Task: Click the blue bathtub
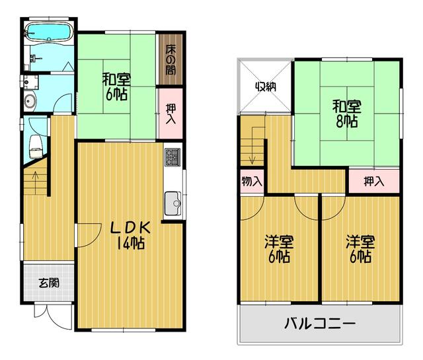click(x=48, y=32)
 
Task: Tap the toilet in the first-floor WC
click(x=36, y=147)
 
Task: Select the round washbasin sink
click(x=29, y=101)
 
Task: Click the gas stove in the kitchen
click(x=173, y=157)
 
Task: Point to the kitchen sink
click(x=173, y=203)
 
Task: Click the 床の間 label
click(x=171, y=59)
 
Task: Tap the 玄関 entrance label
click(x=49, y=283)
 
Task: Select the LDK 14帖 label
click(x=131, y=235)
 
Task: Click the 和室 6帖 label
click(x=116, y=87)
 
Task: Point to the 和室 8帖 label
click(x=346, y=114)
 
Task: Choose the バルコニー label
click(x=320, y=323)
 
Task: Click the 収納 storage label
click(x=266, y=87)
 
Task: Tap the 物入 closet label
click(x=252, y=181)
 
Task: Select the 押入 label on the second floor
click(x=374, y=181)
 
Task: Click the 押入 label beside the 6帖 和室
click(x=171, y=114)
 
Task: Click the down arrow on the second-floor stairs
click(x=252, y=145)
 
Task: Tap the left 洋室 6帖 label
click(x=279, y=249)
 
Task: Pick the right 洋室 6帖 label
click(x=360, y=249)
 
